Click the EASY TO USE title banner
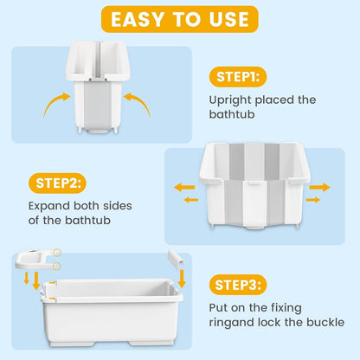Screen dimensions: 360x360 (180, 18)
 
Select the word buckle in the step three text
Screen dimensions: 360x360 (325, 322)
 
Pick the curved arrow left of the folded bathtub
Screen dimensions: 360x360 (55, 104)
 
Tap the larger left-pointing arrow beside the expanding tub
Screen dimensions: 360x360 (184, 185)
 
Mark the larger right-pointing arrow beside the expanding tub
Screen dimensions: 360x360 (319, 186)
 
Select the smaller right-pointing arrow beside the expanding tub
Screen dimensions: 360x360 (313, 200)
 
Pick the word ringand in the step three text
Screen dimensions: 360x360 (232, 322)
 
